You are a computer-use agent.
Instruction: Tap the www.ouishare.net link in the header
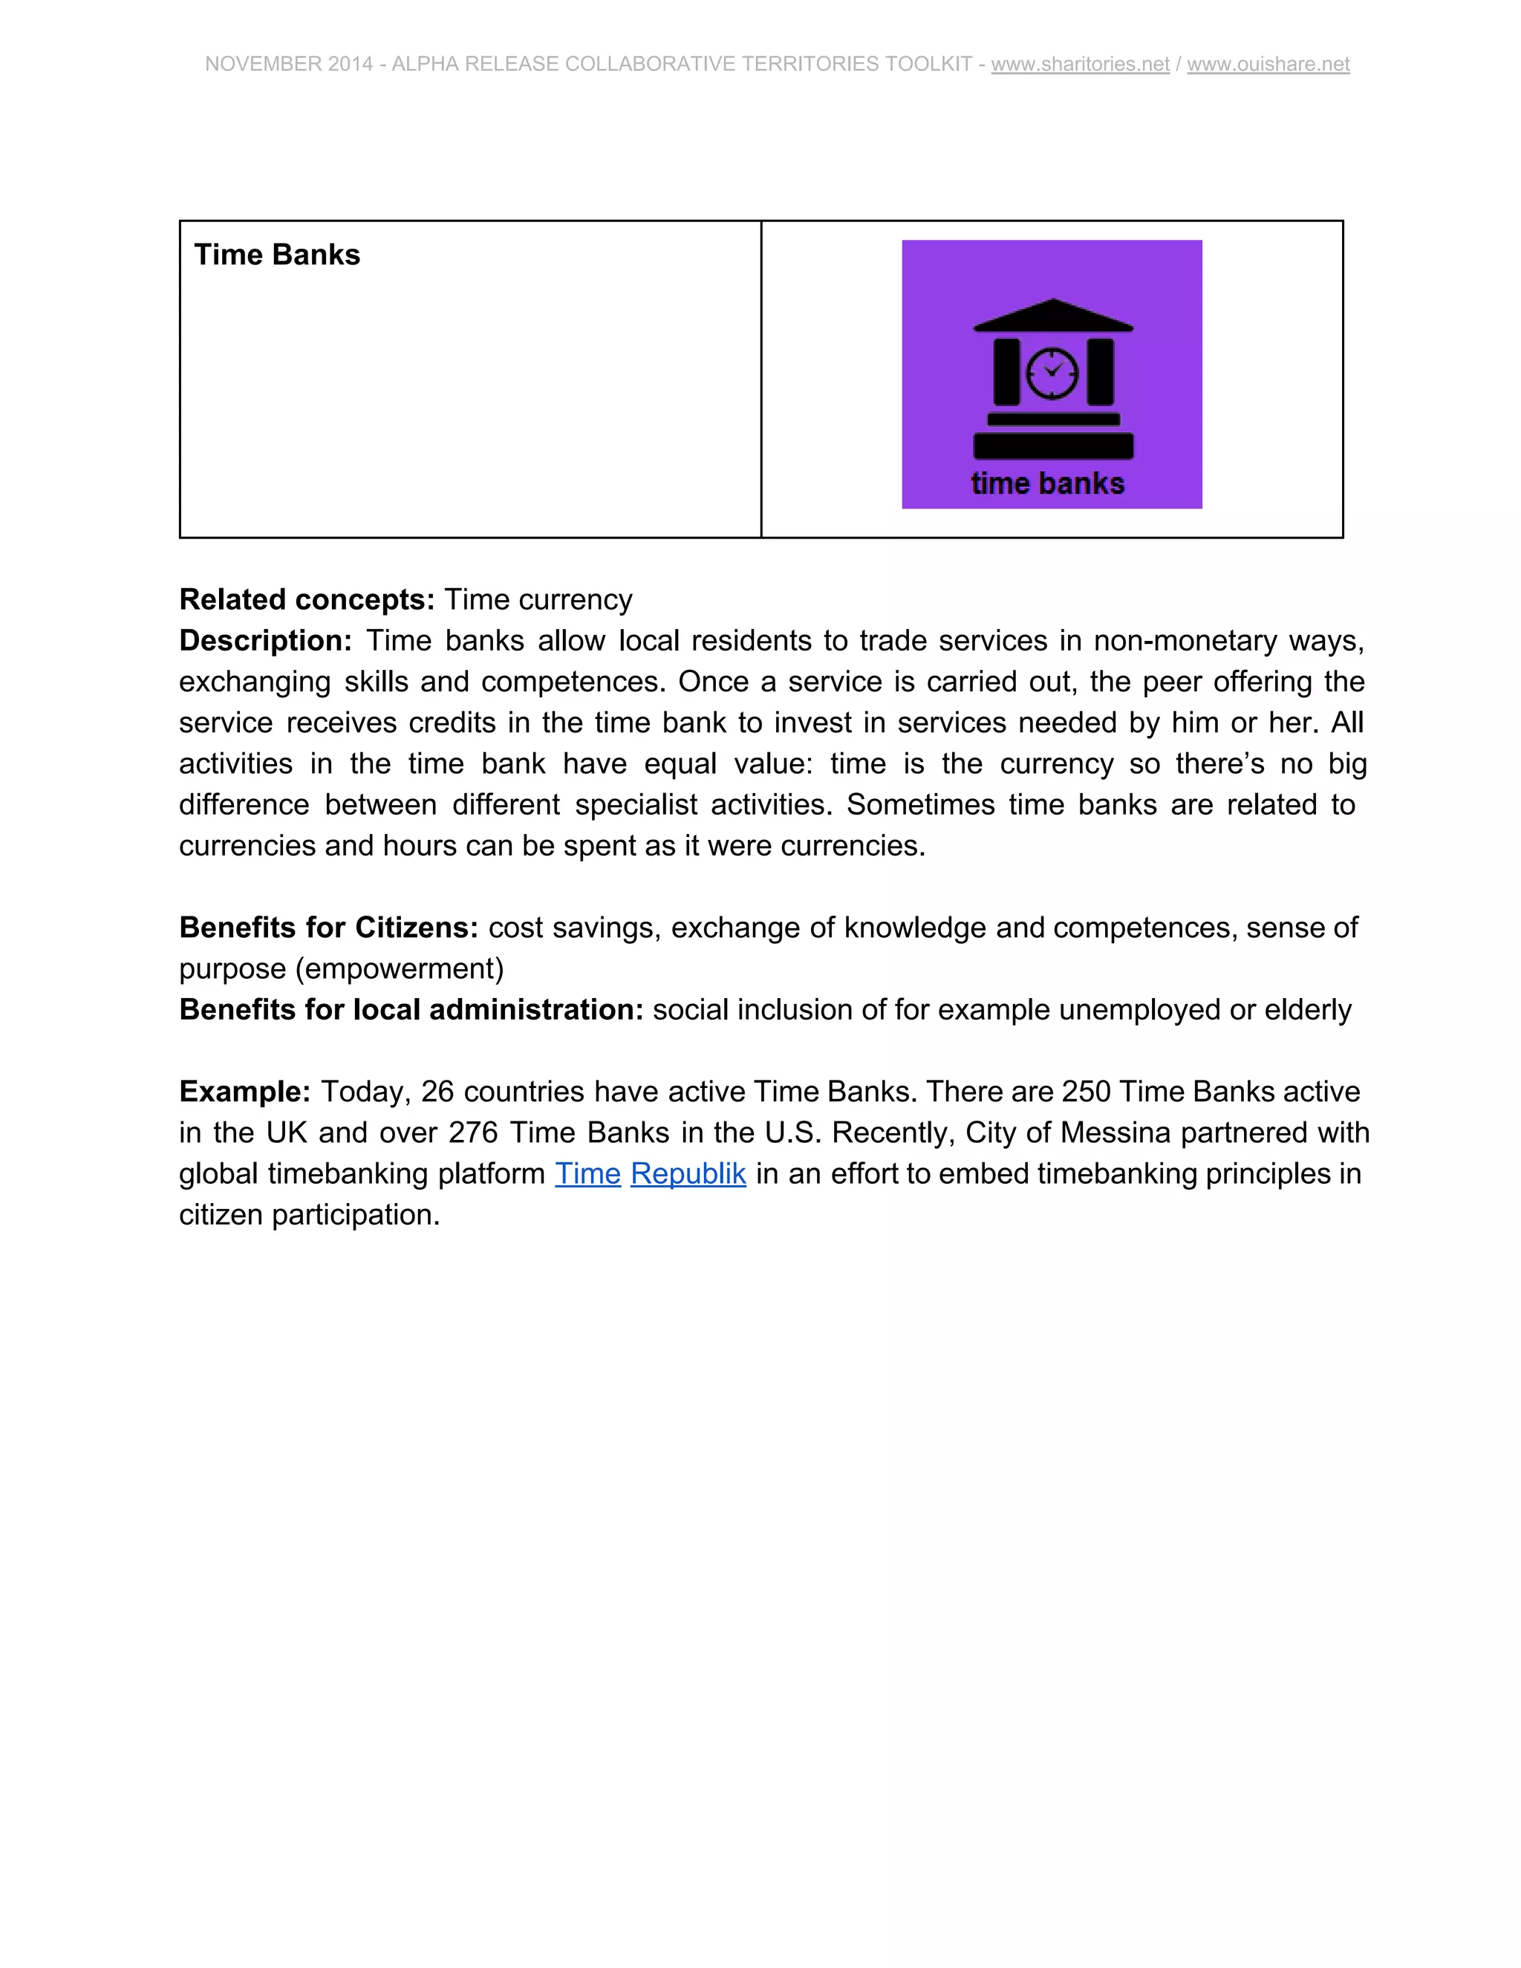pos(1268,64)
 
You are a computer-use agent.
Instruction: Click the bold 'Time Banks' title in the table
pos(276,255)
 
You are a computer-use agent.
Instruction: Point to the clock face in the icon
pos(1052,372)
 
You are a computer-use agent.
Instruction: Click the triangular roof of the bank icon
pos(1052,314)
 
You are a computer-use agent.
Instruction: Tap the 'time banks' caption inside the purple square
pos(1047,484)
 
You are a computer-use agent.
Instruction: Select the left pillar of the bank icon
pos(1006,372)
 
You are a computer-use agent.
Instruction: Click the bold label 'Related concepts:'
pos(307,599)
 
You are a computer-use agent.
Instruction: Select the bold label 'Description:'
pos(265,641)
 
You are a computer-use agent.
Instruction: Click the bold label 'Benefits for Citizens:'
pos(328,928)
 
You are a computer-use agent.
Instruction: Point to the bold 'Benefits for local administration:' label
pos(411,1009)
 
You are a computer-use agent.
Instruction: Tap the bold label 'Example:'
pos(244,1091)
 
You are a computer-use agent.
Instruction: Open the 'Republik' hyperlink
pos(688,1173)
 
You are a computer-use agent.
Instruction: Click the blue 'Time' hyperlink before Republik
pos(587,1173)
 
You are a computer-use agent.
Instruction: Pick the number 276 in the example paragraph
pos(473,1133)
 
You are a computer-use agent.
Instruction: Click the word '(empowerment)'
pos(399,968)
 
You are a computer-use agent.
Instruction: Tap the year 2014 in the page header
pos(351,64)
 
